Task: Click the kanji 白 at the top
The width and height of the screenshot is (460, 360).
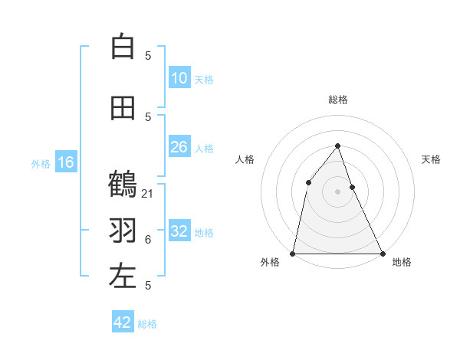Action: tap(123, 47)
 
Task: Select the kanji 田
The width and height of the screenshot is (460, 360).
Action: tap(123, 109)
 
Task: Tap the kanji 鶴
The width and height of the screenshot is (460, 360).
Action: tap(123, 185)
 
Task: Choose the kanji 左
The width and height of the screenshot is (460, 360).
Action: tap(123, 277)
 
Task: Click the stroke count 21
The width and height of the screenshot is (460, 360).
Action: tap(148, 194)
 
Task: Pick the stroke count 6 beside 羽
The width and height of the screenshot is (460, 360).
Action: tap(148, 240)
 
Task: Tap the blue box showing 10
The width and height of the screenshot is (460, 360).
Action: tap(179, 78)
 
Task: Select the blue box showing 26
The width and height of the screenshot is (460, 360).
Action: tap(179, 147)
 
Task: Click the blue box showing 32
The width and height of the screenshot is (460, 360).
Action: tap(179, 231)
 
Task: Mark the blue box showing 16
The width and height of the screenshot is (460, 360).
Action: tap(66, 162)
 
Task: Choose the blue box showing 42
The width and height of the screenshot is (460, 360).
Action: tap(123, 322)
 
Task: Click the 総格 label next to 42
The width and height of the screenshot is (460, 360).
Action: tap(147, 324)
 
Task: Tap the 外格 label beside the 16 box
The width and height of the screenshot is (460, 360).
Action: tap(41, 164)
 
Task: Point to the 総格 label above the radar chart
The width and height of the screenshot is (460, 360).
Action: tap(338, 100)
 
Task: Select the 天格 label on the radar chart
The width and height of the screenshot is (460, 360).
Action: tap(431, 159)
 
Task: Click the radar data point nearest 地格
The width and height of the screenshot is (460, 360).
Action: tap(382, 254)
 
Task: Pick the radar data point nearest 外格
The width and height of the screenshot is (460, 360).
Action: tap(293, 254)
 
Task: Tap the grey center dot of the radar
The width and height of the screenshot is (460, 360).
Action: tap(338, 191)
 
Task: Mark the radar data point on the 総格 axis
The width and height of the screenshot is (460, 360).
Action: tap(338, 146)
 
